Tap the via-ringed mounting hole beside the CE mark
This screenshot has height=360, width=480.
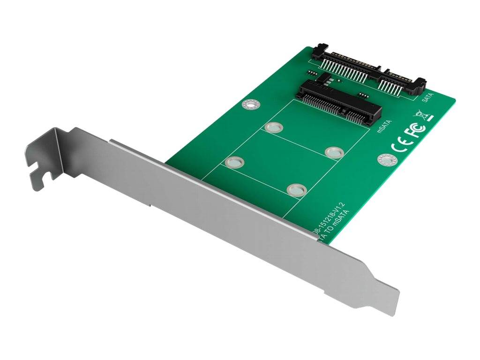(385, 161)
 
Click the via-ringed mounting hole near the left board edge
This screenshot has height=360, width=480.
(250, 104)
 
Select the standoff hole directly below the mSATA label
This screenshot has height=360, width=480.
(334, 152)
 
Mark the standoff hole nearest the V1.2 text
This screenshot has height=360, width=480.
(296, 189)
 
